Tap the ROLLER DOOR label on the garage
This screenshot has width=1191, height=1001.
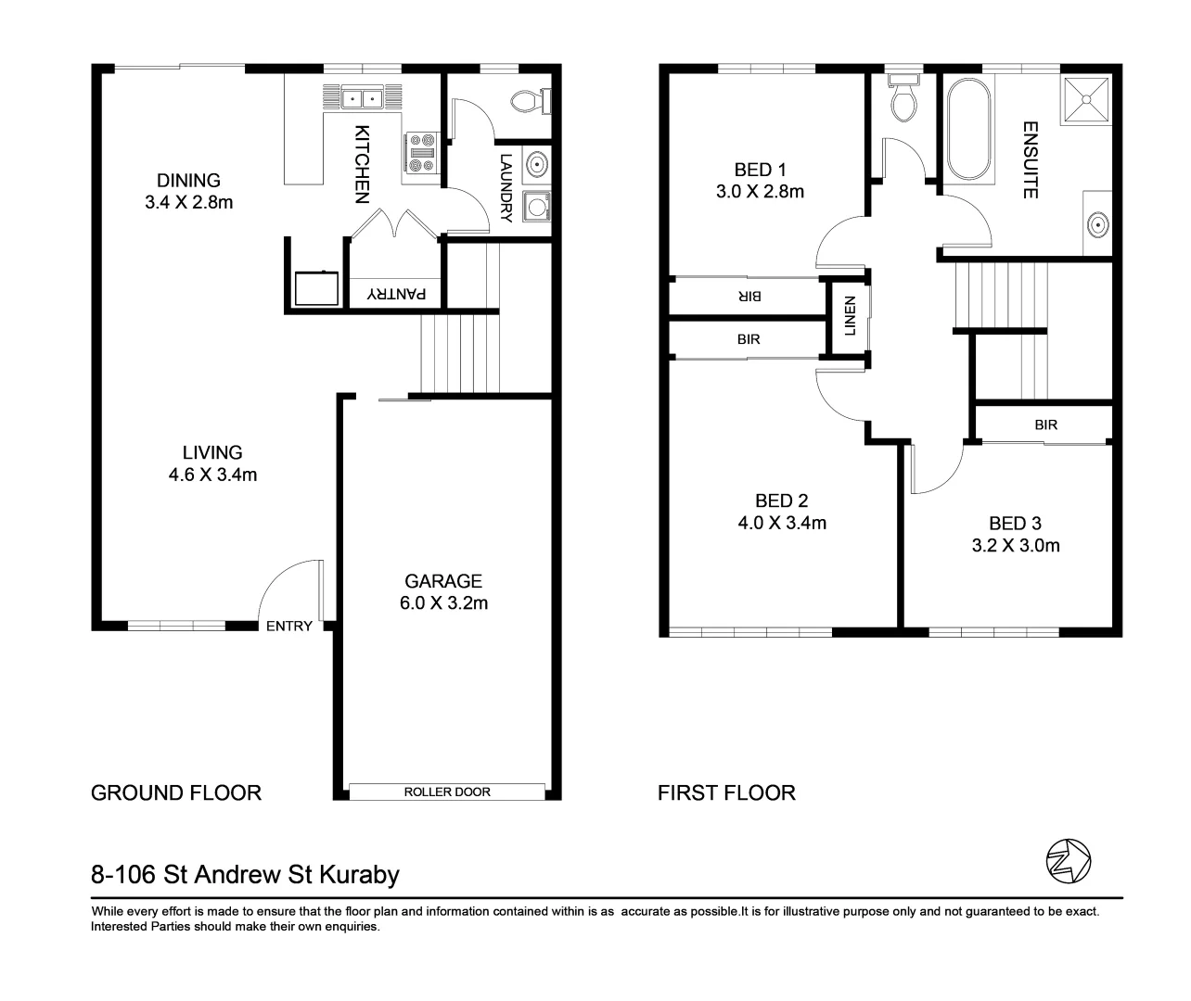pyautogui.click(x=447, y=792)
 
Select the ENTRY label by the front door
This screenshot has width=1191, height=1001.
pyautogui.click(x=289, y=627)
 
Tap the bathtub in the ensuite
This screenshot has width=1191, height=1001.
pyautogui.click(x=967, y=130)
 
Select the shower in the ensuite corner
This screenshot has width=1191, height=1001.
pyautogui.click(x=1086, y=98)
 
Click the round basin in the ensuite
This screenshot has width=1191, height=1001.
pyautogui.click(x=1097, y=223)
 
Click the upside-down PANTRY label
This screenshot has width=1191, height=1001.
pyautogui.click(x=397, y=294)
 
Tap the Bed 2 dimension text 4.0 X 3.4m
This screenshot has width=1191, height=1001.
pyautogui.click(x=782, y=523)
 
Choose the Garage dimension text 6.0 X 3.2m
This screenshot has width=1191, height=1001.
pyautogui.click(x=443, y=602)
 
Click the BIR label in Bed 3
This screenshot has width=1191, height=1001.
pyautogui.click(x=1046, y=425)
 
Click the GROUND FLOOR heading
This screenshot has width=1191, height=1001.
pyautogui.click(x=176, y=792)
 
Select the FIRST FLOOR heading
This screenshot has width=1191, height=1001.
pyautogui.click(x=726, y=792)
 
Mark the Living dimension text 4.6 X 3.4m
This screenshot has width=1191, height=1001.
pyautogui.click(x=212, y=475)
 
